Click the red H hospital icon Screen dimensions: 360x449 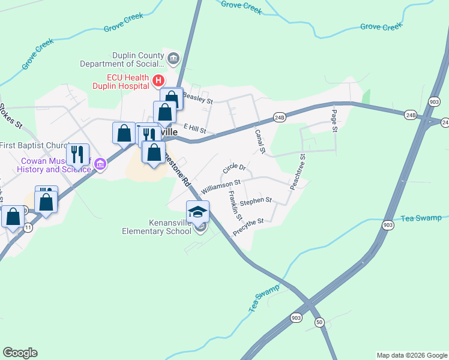tap(158, 80)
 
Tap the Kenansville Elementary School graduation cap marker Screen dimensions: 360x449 tap(197, 212)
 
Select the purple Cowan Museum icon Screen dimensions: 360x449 tap(100, 164)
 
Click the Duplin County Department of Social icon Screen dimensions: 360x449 tap(173, 58)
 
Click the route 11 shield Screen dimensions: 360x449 tap(28, 227)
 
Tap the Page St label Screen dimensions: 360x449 tap(334, 121)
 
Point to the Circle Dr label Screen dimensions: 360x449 tap(234, 169)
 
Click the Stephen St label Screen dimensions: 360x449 tap(256, 200)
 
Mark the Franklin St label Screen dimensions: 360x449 tap(234, 205)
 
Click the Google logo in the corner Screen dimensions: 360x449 tap(20, 352)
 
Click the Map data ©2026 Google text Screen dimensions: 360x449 tap(411, 355)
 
